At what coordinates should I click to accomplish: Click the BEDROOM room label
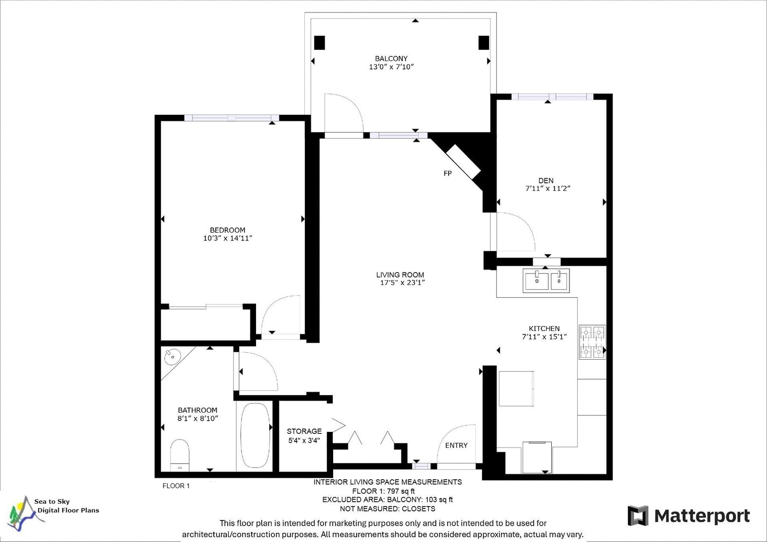click(227, 230)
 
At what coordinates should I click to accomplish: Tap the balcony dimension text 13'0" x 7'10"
click(391, 67)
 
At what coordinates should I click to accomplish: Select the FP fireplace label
click(448, 173)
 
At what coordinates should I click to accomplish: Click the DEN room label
click(546, 181)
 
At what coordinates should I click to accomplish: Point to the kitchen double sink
click(546, 281)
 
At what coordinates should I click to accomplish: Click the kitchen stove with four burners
click(593, 342)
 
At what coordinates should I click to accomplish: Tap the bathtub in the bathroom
click(255, 435)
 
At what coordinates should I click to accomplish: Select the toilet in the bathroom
click(180, 455)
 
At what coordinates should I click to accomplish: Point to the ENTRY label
click(456, 445)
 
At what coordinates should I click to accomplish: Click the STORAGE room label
click(304, 431)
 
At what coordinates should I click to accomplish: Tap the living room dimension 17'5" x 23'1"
click(402, 282)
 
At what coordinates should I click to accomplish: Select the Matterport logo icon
click(638, 516)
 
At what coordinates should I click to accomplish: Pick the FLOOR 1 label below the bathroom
click(175, 486)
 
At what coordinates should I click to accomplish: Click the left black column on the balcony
click(319, 43)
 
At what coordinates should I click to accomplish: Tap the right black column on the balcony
click(484, 43)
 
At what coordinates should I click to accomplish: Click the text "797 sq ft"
click(400, 491)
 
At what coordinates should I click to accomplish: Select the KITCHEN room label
click(544, 328)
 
